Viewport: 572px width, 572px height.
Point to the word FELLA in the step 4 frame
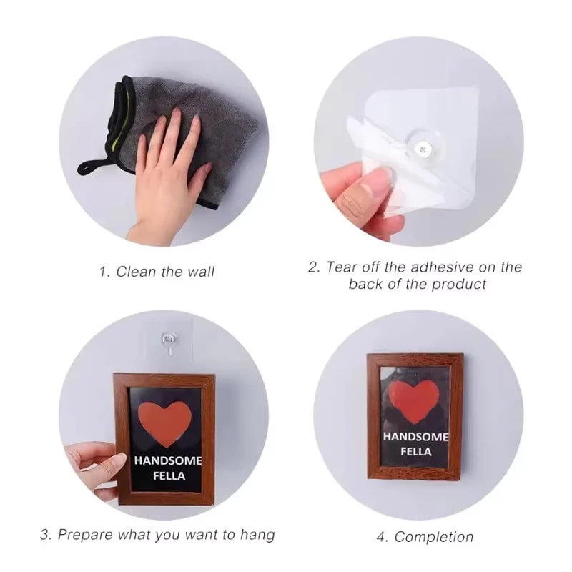(415, 452)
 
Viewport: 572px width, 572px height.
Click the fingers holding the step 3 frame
(89, 458)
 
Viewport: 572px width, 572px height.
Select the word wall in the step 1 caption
(200, 272)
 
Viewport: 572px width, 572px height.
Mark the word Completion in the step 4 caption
(434, 536)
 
